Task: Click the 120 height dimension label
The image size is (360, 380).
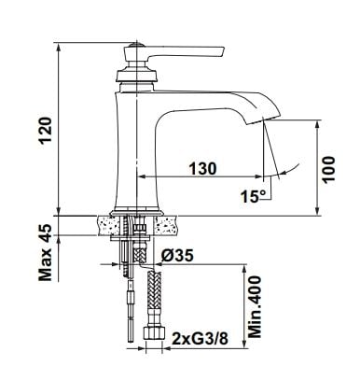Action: point(46,130)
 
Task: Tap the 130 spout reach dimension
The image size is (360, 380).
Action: point(202,169)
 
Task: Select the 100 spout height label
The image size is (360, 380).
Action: point(329,170)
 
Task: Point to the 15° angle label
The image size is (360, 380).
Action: point(254,196)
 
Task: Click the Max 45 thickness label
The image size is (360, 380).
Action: point(46,252)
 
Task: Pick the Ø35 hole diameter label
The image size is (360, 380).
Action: point(177,256)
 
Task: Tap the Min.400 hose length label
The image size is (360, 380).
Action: point(256,306)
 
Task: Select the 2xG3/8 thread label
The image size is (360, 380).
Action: point(200,339)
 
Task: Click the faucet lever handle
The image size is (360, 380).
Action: point(187,52)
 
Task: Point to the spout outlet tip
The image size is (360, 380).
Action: point(264,120)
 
